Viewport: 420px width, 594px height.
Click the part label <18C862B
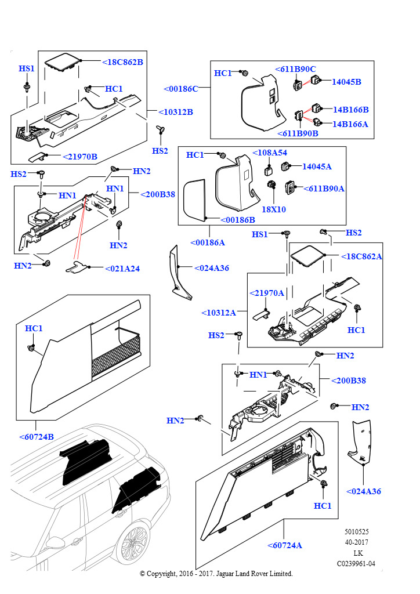[x=123, y=62]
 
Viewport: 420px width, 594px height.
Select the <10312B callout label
[x=176, y=112]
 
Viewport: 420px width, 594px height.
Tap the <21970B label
[x=80, y=157]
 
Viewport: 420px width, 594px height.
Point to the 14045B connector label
[x=346, y=82]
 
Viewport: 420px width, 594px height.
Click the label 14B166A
[x=350, y=124]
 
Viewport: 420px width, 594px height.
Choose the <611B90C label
[x=295, y=69]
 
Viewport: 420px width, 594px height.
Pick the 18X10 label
[x=274, y=209]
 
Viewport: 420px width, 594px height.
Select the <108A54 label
[x=270, y=153]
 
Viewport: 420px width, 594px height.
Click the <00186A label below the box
[x=208, y=243]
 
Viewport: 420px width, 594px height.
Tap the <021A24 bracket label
[x=122, y=269]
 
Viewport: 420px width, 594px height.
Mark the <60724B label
[x=37, y=437]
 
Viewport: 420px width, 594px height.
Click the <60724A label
[x=285, y=545]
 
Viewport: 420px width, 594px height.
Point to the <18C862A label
[x=361, y=256]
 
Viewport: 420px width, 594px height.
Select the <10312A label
[x=219, y=313]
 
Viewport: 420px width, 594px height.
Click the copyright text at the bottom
[x=216, y=574]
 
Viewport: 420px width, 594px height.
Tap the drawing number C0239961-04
[x=356, y=564]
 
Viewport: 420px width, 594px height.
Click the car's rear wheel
[x=132, y=546]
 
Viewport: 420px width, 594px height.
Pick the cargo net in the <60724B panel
[x=117, y=361]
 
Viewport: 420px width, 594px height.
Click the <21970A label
[x=267, y=293]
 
